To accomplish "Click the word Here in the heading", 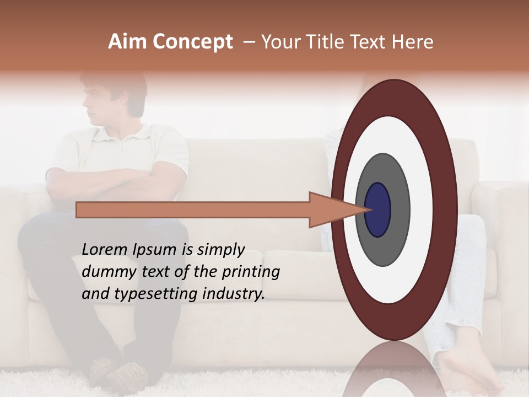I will [x=413, y=42].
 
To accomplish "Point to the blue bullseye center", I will [x=378, y=210].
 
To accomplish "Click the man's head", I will [x=113, y=99].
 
